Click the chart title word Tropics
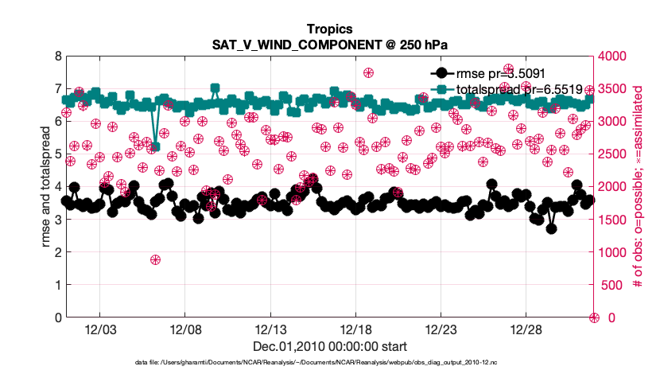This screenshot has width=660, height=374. point(329,29)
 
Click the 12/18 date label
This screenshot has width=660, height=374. point(355,329)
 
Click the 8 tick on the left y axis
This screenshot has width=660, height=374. point(57,56)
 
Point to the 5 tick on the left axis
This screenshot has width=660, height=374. point(57,154)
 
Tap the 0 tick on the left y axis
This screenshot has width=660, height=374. point(57,318)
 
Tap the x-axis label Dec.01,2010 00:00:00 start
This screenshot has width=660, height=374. point(329,346)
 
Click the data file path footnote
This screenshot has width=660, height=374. point(329,363)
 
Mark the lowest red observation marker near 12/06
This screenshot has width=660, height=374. point(156,259)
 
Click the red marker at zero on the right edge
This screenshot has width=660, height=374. point(593,318)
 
